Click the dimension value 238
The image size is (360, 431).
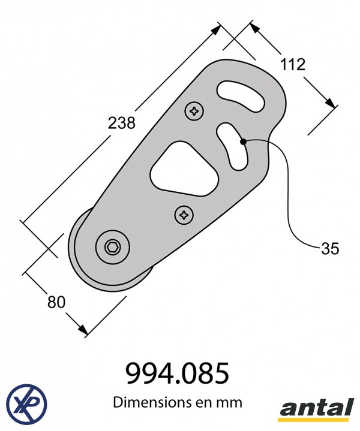point(121,123)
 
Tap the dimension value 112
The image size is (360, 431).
point(293,65)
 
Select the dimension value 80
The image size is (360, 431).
point(56,302)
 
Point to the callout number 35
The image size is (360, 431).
point(330,249)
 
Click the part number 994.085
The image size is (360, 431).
point(177,373)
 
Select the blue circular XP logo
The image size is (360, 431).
point(26,403)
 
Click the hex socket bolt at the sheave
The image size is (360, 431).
point(113,248)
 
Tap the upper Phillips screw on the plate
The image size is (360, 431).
point(194,111)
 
